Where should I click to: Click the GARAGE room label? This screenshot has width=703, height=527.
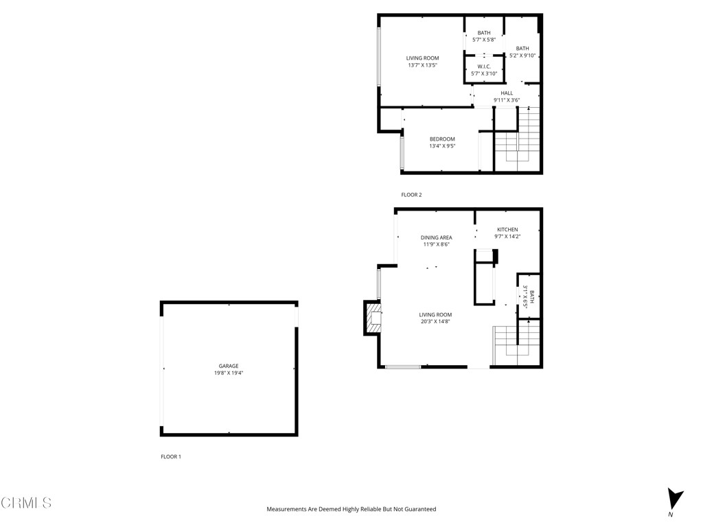pyautogui.click(x=229, y=366)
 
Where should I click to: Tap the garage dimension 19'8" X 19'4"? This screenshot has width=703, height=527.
pyautogui.click(x=229, y=373)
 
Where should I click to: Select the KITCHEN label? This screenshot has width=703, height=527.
pyautogui.click(x=507, y=230)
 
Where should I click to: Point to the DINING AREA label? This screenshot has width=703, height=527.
pyautogui.click(x=436, y=238)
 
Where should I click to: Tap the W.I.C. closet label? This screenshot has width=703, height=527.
pyautogui.click(x=484, y=67)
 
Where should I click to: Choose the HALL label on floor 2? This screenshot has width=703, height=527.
pyautogui.click(x=507, y=93)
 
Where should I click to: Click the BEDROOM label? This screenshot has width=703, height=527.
pyautogui.click(x=442, y=139)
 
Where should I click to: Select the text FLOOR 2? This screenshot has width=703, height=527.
pyautogui.click(x=411, y=195)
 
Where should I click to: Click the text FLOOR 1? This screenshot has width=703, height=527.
pyautogui.click(x=171, y=456)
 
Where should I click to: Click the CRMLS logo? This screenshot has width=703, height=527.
pyautogui.click(x=26, y=503)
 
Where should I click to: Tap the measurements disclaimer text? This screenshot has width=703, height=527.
pyautogui.click(x=351, y=509)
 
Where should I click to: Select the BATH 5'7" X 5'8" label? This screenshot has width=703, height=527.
pyautogui.click(x=484, y=36)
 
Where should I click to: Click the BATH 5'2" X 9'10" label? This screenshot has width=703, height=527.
pyautogui.click(x=522, y=51)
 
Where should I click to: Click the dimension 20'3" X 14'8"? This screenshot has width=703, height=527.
pyautogui.click(x=436, y=322)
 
